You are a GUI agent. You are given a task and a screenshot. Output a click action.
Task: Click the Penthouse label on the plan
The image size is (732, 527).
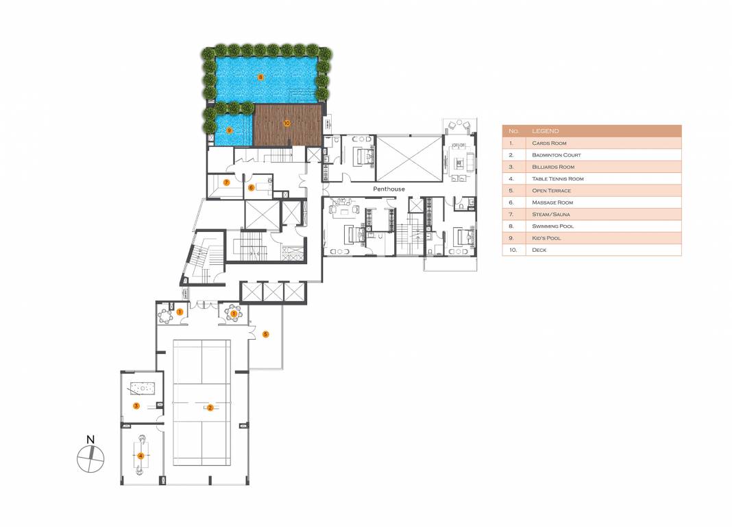tap(389, 189)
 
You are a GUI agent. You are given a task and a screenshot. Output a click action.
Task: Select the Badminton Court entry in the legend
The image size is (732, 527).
tap(557, 155)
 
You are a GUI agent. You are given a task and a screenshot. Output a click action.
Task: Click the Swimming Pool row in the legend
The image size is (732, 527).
tap(552, 226)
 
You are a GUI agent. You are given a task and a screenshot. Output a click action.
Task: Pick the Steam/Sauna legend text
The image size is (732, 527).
tap(550, 214)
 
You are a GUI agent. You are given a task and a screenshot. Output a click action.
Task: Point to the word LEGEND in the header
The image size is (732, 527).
tap(545, 131)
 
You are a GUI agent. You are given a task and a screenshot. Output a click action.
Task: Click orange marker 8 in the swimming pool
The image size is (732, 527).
tap(260, 78)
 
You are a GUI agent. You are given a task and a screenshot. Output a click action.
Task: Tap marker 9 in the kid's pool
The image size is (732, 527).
tap(230, 130)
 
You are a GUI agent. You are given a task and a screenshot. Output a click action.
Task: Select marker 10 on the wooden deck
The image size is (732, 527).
tap(286, 124)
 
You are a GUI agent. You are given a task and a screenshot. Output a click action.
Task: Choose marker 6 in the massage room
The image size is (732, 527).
tap(251, 187)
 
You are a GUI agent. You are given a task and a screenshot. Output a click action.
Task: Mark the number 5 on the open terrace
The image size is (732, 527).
tap(266, 334)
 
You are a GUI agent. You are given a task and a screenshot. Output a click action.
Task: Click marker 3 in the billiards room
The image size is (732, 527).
tap(136, 406)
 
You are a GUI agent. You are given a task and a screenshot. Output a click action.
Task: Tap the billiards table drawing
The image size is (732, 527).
tap(143, 388)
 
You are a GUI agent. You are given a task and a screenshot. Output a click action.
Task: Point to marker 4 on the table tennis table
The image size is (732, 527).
tap(141, 455)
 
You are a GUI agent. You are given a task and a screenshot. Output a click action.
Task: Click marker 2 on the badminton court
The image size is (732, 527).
tap(210, 408)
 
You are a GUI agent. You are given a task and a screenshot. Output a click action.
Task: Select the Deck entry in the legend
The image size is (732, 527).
tap(539, 250)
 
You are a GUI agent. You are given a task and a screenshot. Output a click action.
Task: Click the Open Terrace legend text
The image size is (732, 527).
tap(551, 191)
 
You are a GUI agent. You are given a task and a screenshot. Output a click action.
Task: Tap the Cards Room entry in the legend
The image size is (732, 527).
tap(548, 143)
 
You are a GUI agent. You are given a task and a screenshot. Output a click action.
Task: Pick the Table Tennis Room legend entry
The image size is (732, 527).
tap(558, 178)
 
